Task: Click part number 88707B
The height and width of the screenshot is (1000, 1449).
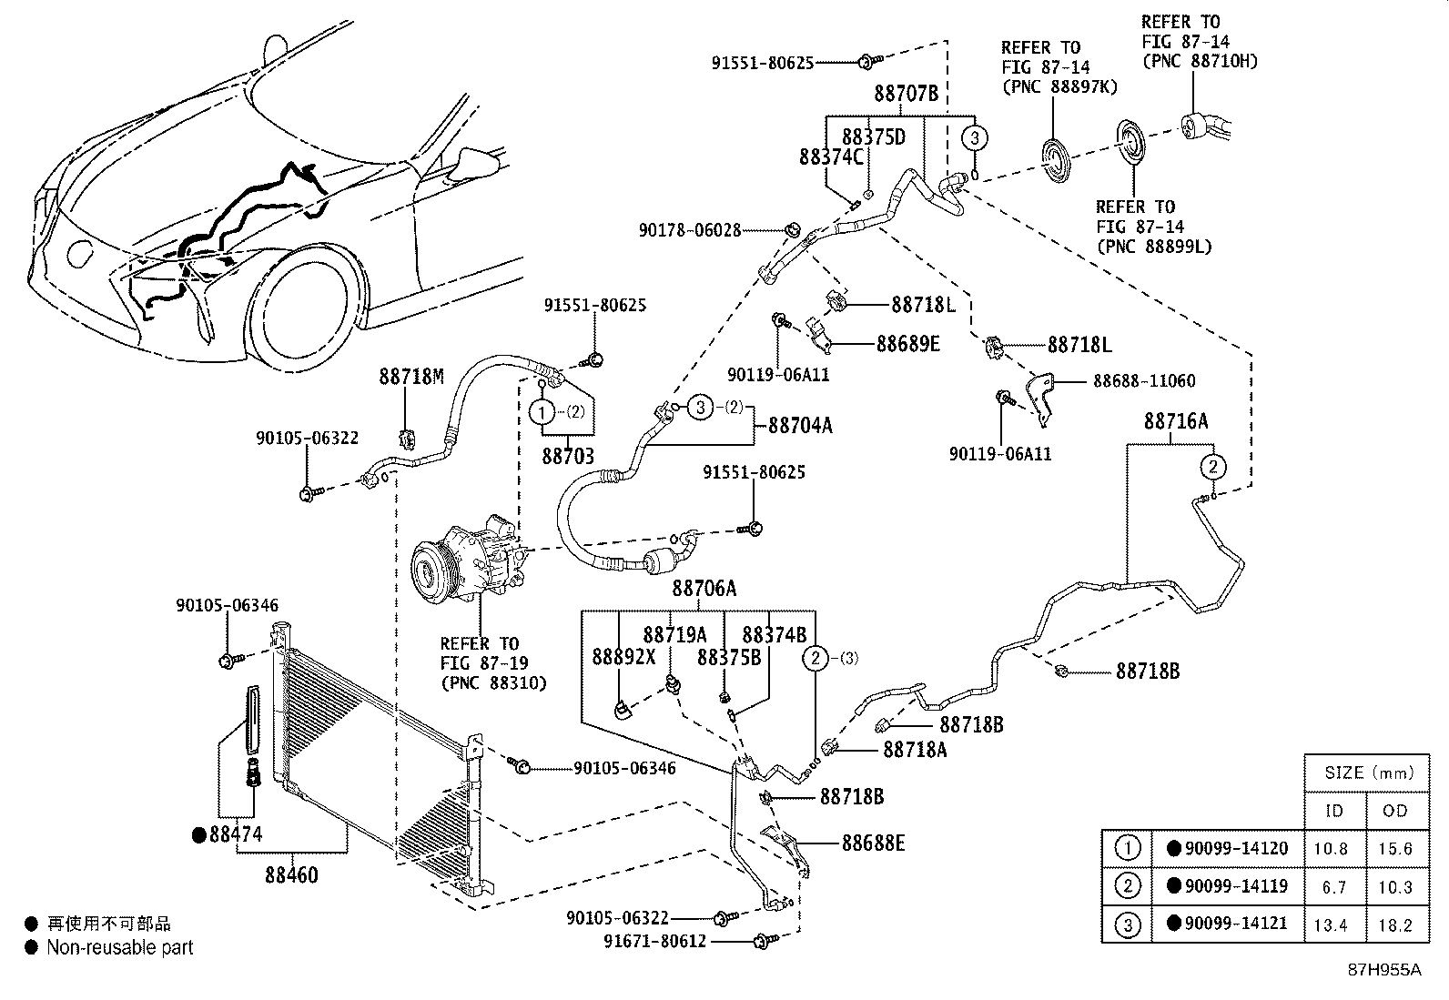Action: click(906, 93)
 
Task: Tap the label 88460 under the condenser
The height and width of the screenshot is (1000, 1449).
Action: click(292, 875)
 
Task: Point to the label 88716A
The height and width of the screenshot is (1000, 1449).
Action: click(1176, 421)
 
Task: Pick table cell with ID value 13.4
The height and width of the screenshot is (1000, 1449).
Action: click(1333, 924)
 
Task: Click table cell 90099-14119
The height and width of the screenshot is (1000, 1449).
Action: click(1236, 886)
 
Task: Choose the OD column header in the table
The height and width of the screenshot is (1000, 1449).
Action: click(1395, 810)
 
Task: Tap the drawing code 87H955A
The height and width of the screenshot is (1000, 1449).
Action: click(1383, 970)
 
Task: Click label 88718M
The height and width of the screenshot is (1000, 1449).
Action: click(411, 376)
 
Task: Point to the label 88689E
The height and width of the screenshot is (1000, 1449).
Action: click(907, 344)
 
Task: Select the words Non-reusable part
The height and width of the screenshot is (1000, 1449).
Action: click(120, 948)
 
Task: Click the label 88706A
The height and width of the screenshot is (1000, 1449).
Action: click(704, 590)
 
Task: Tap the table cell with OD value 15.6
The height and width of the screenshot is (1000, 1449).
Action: click(1395, 848)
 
